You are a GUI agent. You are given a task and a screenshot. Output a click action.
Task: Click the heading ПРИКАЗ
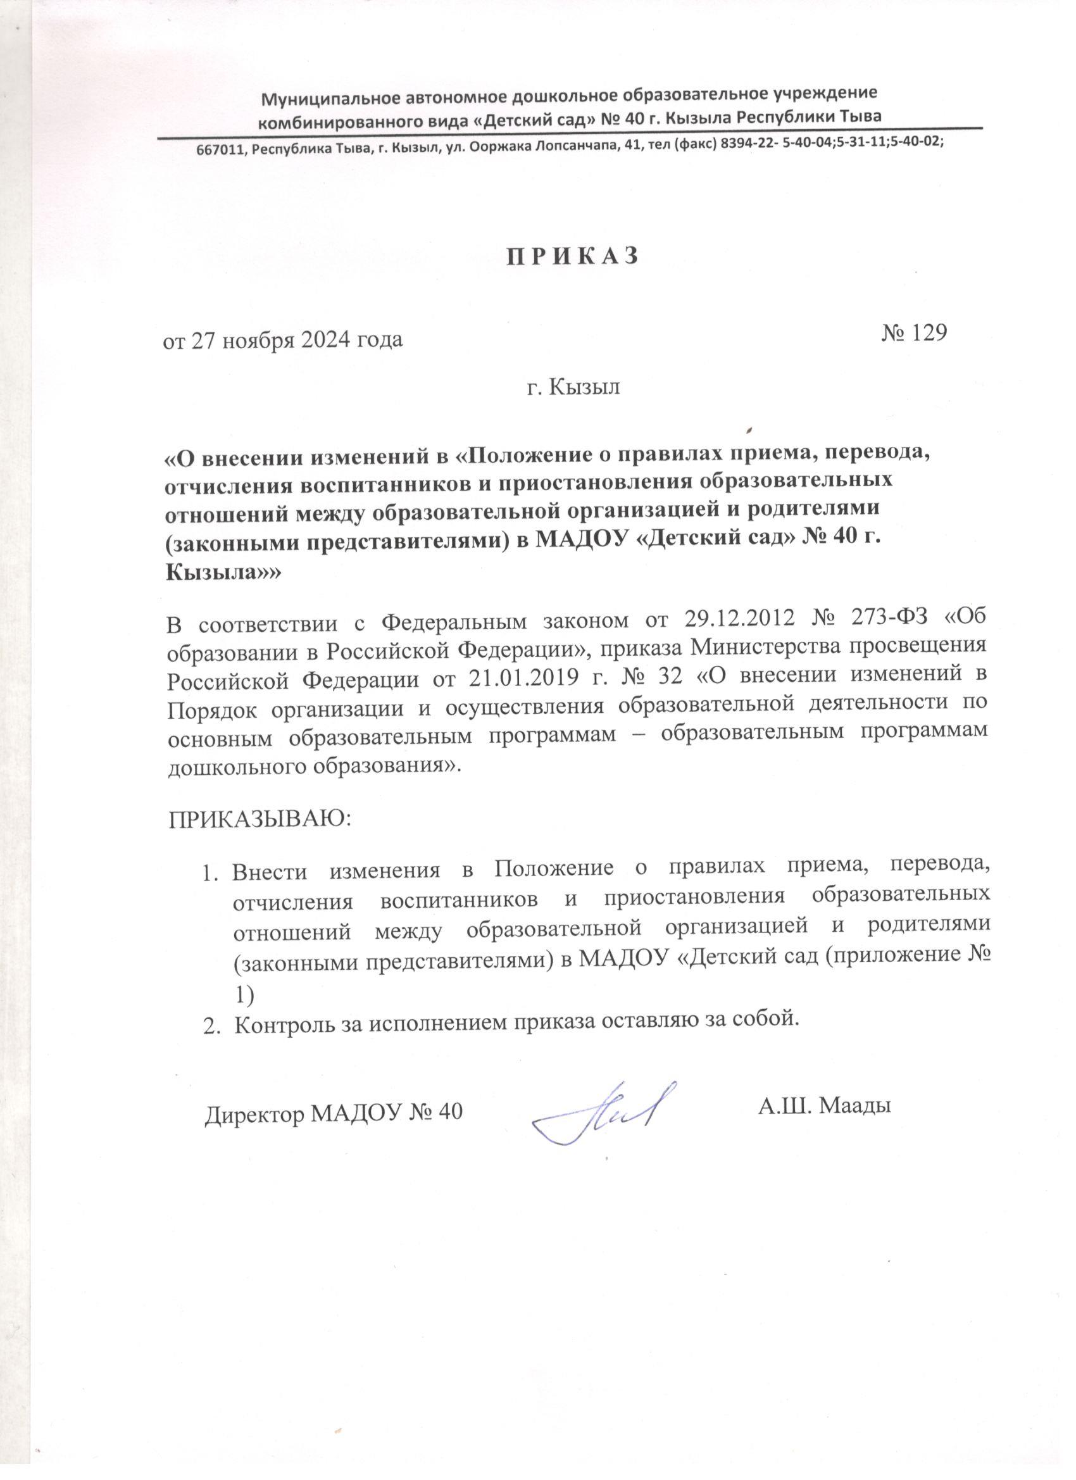tap(572, 256)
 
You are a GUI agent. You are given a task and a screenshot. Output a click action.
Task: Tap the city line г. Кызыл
tap(573, 387)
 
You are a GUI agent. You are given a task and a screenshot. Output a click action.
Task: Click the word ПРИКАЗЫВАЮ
tap(260, 818)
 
